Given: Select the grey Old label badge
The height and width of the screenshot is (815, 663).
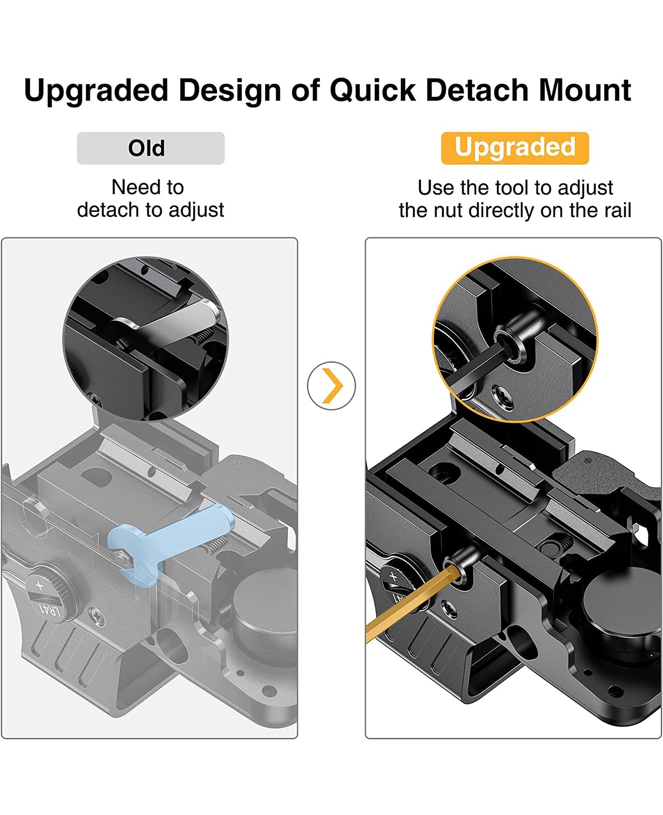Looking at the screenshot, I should pyautogui.click(x=150, y=148).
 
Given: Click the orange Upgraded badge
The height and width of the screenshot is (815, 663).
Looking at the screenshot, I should pyautogui.click(x=515, y=148).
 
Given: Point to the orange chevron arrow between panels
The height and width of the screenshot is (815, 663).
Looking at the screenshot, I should pyautogui.click(x=332, y=386).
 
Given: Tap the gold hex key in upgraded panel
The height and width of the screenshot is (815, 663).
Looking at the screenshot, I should pyautogui.click(x=403, y=606).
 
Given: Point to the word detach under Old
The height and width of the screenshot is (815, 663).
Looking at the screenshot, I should pyautogui.click(x=105, y=210).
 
